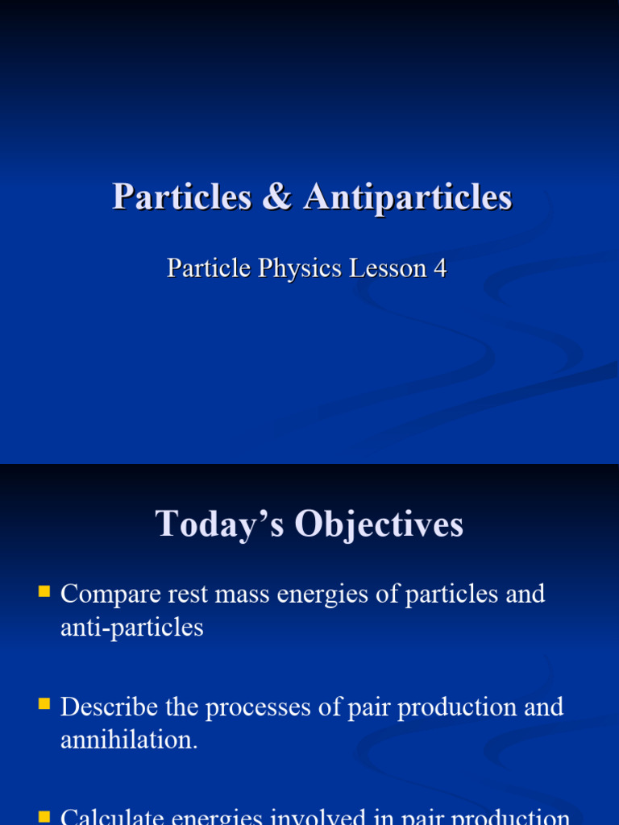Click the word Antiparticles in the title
point(408,197)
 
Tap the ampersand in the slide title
point(277,197)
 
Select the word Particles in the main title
point(182,197)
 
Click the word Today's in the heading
point(217,524)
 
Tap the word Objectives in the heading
point(379,524)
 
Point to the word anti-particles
point(132,627)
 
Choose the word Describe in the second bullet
point(108,707)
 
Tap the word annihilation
point(129,740)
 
